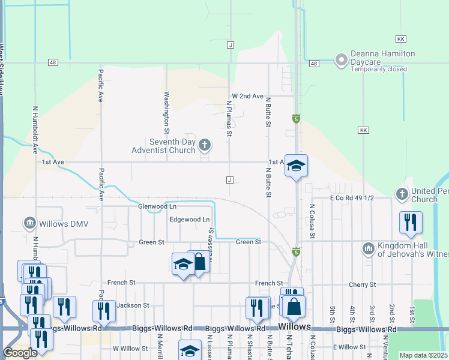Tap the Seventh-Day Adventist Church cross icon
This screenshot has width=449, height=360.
tap(205, 145)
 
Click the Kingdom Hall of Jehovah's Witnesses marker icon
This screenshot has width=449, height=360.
tap(368, 248)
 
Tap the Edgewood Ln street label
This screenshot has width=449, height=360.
tap(190, 220)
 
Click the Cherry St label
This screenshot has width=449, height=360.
tap(363, 284)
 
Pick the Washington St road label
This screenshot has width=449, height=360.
tap(167, 112)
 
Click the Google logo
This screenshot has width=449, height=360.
tap(20, 353)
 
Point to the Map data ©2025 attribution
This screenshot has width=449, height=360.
tap(424, 355)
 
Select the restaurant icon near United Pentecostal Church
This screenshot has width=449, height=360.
tap(411, 221)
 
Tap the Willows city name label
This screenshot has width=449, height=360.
tap(294, 327)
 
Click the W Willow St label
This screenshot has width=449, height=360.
tap(130, 348)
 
